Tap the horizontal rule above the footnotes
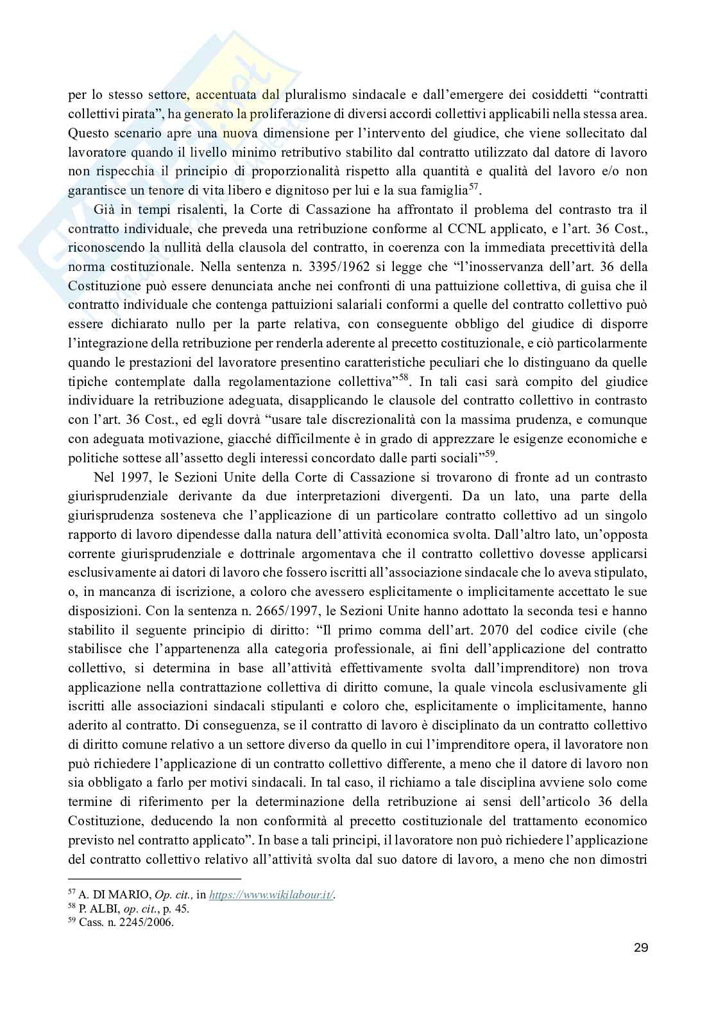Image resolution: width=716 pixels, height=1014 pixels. [154, 879]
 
